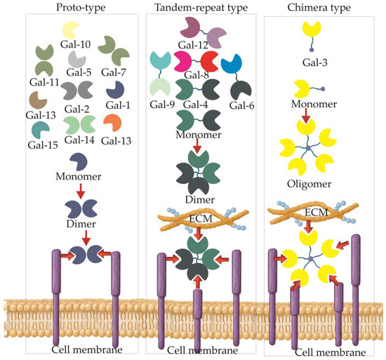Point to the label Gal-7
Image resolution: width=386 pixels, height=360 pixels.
tap(114, 72)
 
